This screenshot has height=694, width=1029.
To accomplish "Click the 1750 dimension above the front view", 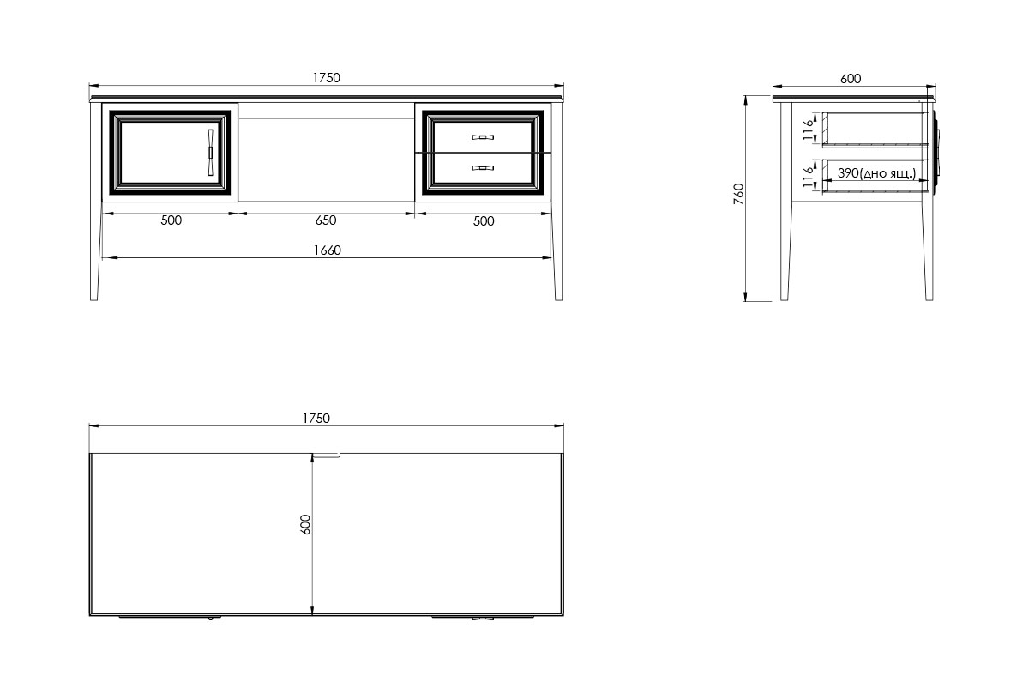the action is [x=326, y=78].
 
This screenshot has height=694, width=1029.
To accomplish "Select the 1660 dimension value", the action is [x=327, y=250].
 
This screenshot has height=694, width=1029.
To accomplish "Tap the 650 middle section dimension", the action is [x=326, y=220].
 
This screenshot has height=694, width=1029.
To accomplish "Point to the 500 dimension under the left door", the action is [x=171, y=220].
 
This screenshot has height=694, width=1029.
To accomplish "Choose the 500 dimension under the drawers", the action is [x=484, y=221].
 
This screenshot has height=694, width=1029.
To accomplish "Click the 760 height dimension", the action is [x=738, y=194].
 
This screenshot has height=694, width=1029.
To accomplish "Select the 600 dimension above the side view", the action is [x=851, y=79].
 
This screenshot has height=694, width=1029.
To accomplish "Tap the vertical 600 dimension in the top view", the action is [x=305, y=524].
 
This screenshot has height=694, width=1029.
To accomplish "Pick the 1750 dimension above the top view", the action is [x=316, y=419].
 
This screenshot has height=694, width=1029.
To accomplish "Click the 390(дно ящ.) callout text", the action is [x=876, y=174].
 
